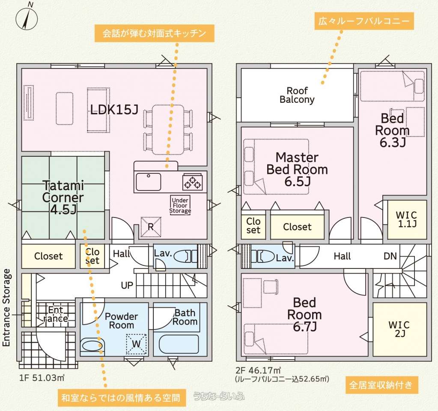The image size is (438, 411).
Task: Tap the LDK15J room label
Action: [x=114, y=110]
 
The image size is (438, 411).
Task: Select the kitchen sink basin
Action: [x=148, y=182]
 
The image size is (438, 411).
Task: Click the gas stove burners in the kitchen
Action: [x=193, y=182]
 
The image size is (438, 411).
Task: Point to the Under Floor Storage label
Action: [x=180, y=205]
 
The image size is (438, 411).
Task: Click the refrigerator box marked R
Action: [x=151, y=227]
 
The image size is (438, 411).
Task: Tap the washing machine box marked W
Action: [x=136, y=344]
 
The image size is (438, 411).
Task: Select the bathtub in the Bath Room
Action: [x=179, y=344]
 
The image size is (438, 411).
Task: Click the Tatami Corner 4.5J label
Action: [x=63, y=197]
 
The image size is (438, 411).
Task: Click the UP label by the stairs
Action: [x=127, y=285]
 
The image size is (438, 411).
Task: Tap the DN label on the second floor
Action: [x=390, y=256]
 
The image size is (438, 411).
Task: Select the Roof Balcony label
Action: [x=297, y=95]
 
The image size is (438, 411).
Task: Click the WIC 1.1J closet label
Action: [x=406, y=219]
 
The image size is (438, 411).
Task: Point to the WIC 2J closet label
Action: [x=399, y=329]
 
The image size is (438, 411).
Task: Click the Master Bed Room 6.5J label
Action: [x=297, y=169]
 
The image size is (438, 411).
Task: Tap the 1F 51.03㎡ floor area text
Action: [x=42, y=378]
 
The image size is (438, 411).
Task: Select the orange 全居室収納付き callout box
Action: [x=381, y=385]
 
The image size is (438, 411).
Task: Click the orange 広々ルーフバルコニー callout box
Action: [x=364, y=21]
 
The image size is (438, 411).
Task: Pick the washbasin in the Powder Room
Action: [x=92, y=345]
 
